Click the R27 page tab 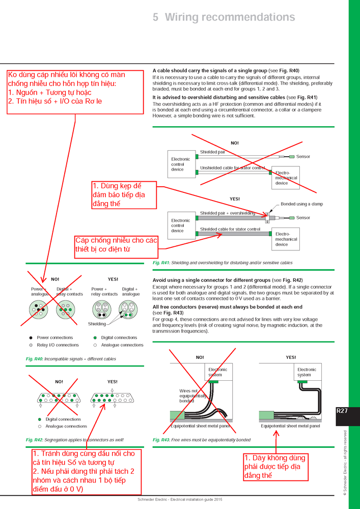(342, 411)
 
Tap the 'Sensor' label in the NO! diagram (303, 156)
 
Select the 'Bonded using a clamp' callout (301, 204)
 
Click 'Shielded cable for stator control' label (230, 229)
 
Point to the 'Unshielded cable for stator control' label (232, 167)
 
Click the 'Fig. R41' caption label (161, 263)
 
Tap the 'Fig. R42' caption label (35, 439)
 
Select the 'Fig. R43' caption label (161, 439)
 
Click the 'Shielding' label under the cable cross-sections (97, 324)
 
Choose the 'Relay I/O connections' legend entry (58, 345)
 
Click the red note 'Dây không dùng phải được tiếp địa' (275, 466)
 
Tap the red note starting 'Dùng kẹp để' (124, 194)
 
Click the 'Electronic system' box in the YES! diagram (307, 372)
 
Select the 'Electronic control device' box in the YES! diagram (180, 225)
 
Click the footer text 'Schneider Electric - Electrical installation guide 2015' (180, 500)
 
